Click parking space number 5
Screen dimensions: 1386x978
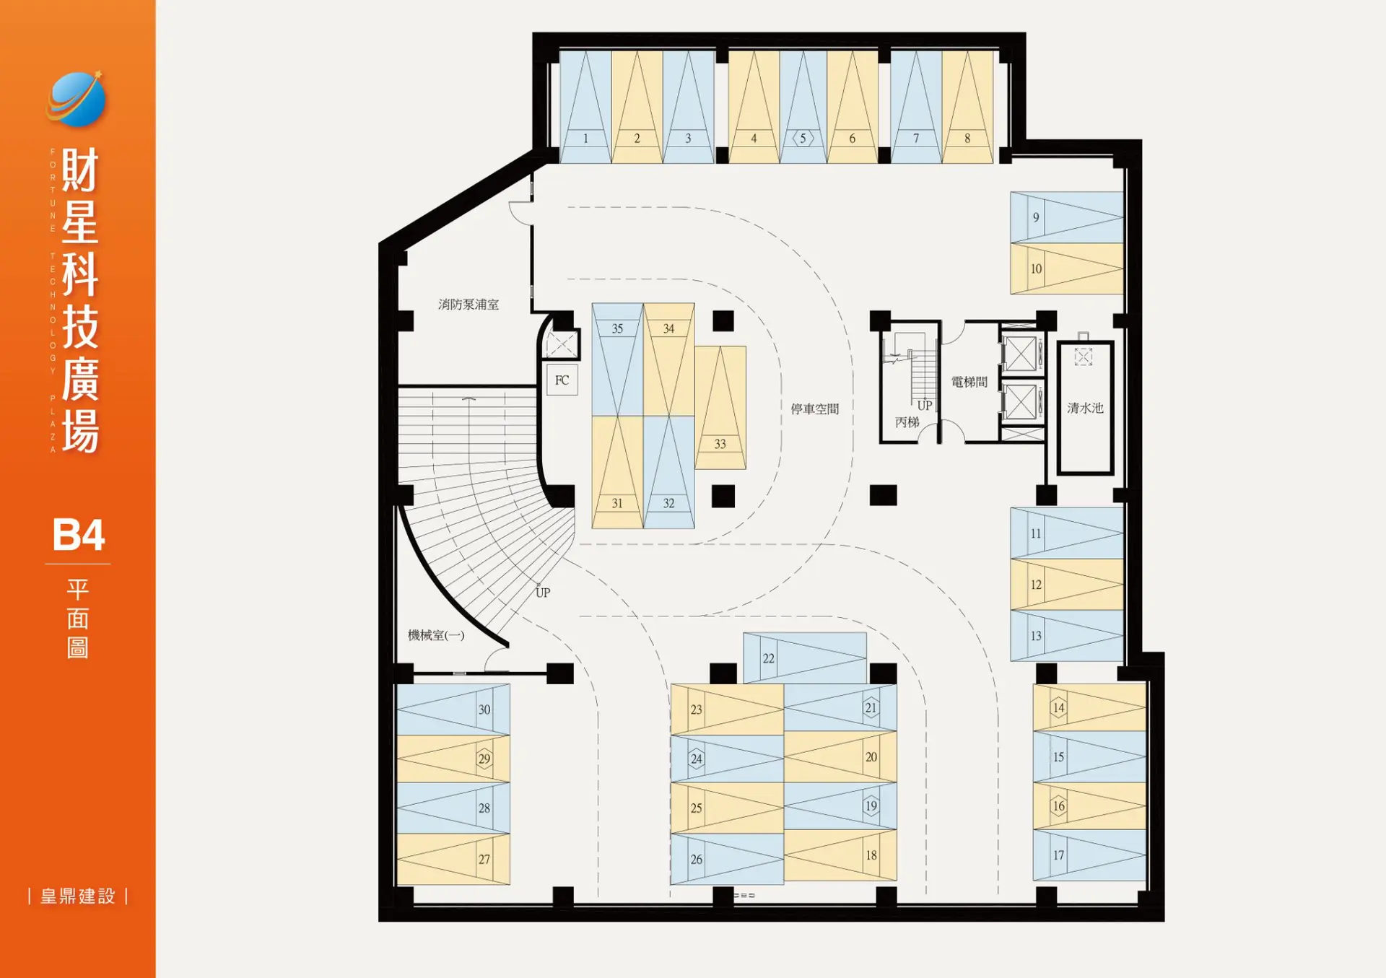pyautogui.click(x=803, y=107)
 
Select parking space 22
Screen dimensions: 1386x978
pyautogui.click(x=805, y=658)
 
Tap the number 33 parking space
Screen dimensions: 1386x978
pyautogui.click(x=720, y=408)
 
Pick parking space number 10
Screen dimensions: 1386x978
pyautogui.click(x=1067, y=268)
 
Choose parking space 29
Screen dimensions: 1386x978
pyautogui.click(x=453, y=759)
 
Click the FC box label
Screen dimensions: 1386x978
pyautogui.click(x=562, y=380)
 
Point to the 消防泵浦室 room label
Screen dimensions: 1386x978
pyautogui.click(x=468, y=305)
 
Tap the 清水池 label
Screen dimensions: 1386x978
pyautogui.click(x=1085, y=408)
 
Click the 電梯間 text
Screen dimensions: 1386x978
pyautogui.click(x=969, y=382)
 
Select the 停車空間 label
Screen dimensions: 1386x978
pyautogui.click(x=815, y=409)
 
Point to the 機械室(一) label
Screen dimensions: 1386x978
pyautogui.click(x=436, y=635)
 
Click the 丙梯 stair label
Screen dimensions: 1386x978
pyautogui.click(x=907, y=422)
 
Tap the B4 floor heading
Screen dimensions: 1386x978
pyautogui.click(x=79, y=535)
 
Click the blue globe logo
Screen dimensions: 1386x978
pyautogui.click(x=77, y=100)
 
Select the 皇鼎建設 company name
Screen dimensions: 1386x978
pyautogui.click(x=78, y=896)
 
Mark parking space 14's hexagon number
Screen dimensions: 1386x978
pyautogui.click(x=1058, y=707)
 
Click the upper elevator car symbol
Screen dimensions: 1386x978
pyautogui.click(x=1020, y=354)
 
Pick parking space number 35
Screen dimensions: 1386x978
pyautogui.click(x=618, y=359)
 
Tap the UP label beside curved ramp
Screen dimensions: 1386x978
pyautogui.click(x=543, y=593)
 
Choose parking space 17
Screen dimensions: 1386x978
pyautogui.click(x=1089, y=855)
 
